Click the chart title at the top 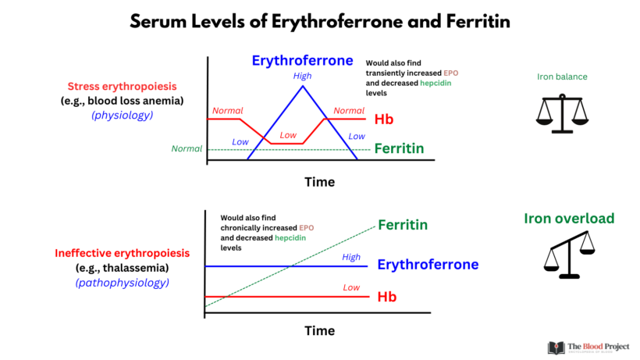320,22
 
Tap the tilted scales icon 567,258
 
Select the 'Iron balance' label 562,77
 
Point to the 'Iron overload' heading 569,219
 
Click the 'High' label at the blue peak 302,76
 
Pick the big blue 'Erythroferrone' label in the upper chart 302,60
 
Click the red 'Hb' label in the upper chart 383,119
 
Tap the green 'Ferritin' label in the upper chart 399,148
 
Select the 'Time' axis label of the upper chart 319,182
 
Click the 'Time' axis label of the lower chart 319,330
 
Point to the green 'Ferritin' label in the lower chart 403,225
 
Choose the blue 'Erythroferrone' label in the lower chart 428,265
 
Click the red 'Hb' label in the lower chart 386,298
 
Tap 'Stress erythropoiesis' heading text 121,86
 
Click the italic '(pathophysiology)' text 121,282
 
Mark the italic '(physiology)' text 121,115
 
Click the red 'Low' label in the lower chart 350,288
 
